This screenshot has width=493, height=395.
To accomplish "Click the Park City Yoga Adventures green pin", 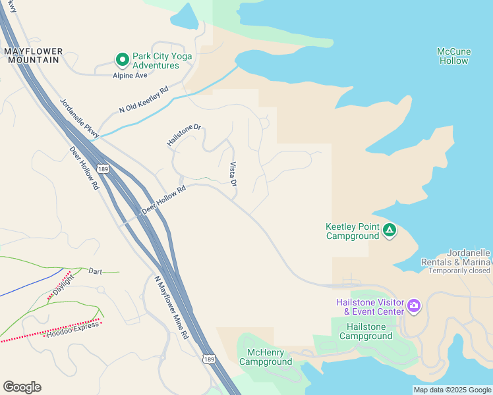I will (122, 60).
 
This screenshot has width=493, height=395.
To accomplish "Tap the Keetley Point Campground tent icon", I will (390, 230).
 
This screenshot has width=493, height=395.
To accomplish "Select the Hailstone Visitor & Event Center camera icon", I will (414, 305).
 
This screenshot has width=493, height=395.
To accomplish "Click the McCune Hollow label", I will (453, 56).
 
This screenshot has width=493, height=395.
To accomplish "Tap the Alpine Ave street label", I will (129, 75).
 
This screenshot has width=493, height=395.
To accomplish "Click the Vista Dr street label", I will (233, 173).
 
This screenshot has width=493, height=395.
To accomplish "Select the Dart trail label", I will (96, 271).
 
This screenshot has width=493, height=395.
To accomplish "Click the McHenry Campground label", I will (266, 357).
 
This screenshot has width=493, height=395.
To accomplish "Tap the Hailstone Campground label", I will (366, 331).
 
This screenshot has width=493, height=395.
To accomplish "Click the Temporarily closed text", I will (459, 271).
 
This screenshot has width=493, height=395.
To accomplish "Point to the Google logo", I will (22, 387).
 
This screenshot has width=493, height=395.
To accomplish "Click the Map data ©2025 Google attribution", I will (451, 390).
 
